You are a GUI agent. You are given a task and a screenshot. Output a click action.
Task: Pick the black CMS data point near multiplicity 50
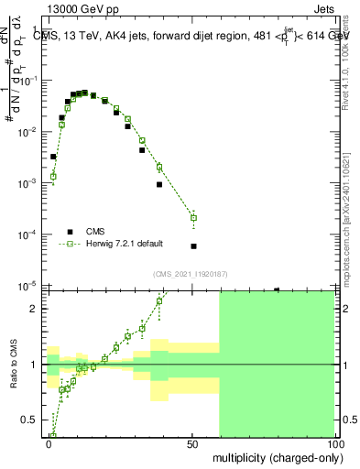193,246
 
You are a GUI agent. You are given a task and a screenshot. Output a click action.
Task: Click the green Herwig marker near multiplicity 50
193,218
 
